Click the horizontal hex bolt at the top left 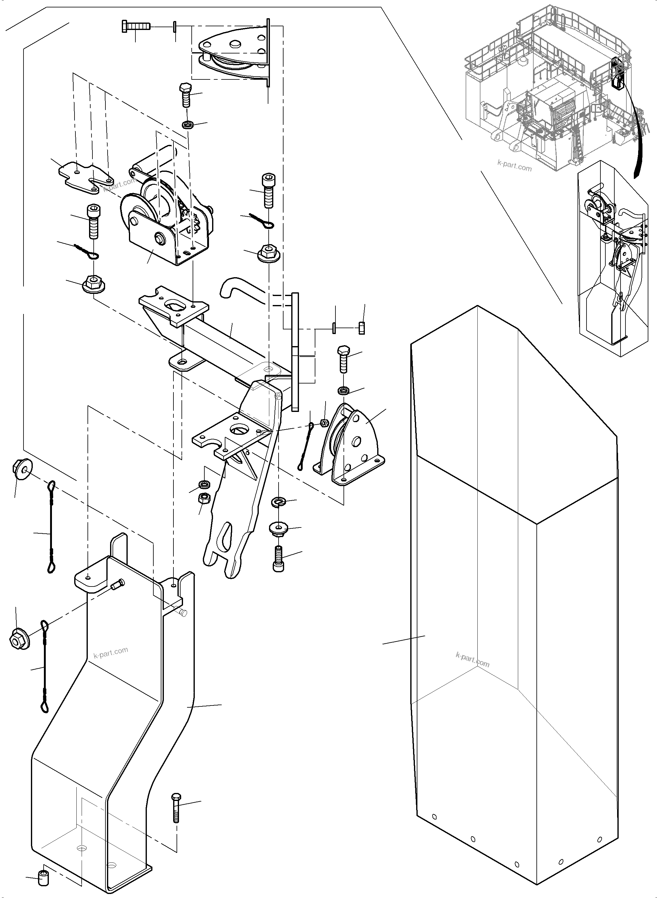(135, 27)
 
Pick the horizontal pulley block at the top (235, 54)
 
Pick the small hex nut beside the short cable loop (324, 422)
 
